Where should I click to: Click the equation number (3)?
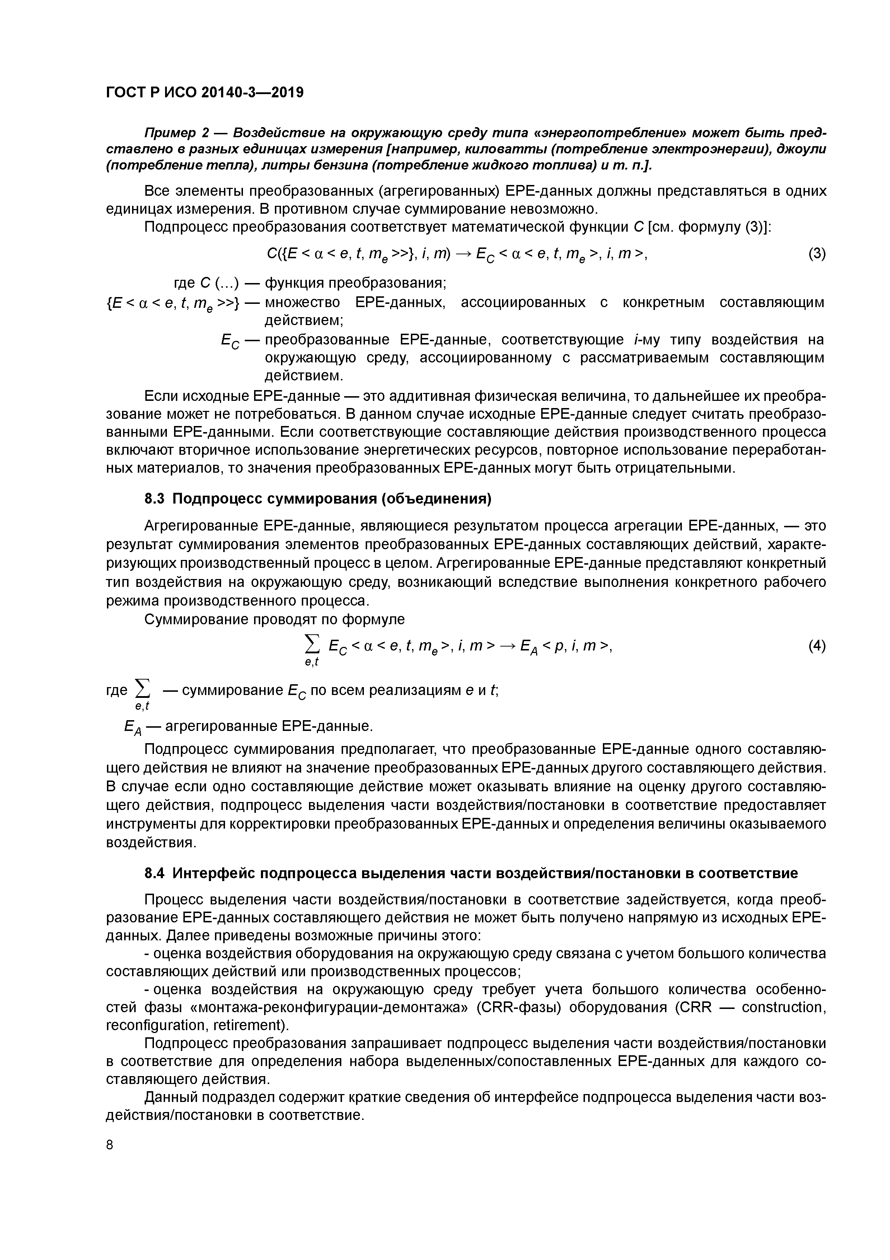click(x=816, y=254)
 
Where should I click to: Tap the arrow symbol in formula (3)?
click(x=461, y=254)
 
